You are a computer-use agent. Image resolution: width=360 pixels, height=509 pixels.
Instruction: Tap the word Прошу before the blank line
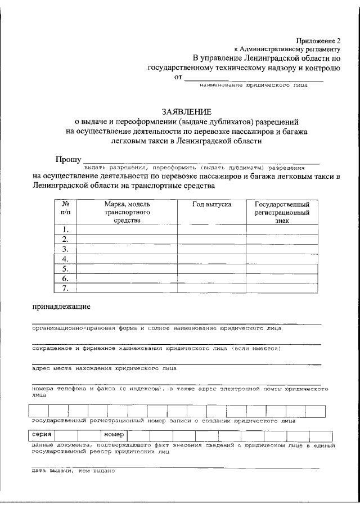click(x=68, y=160)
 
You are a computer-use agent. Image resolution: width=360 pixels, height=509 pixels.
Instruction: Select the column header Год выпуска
click(x=212, y=205)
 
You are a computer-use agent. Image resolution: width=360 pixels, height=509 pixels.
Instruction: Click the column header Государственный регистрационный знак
click(x=281, y=213)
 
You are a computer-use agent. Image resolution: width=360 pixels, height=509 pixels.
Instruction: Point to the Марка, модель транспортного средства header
click(x=127, y=213)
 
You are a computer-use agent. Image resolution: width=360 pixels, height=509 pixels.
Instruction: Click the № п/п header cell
click(x=65, y=209)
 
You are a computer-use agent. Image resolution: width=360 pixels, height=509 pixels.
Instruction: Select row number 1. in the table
click(x=65, y=229)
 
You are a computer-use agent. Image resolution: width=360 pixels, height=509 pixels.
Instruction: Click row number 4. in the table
click(x=65, y=259)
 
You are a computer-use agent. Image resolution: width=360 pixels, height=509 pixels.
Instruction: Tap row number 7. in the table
click(x=65, y=289)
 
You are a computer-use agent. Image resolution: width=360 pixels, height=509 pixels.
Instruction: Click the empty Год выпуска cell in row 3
click(x=212, y=249)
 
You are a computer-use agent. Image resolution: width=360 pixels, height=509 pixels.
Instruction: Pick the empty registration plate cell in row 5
click(x=281, y=268)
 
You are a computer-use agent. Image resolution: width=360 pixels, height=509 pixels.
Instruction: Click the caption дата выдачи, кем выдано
click(x=73, y=471)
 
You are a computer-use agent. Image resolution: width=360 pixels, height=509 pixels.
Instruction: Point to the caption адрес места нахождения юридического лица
click(x=103, y=368)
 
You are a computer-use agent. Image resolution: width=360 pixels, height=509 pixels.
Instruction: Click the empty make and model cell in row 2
click(x=127, y=239)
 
